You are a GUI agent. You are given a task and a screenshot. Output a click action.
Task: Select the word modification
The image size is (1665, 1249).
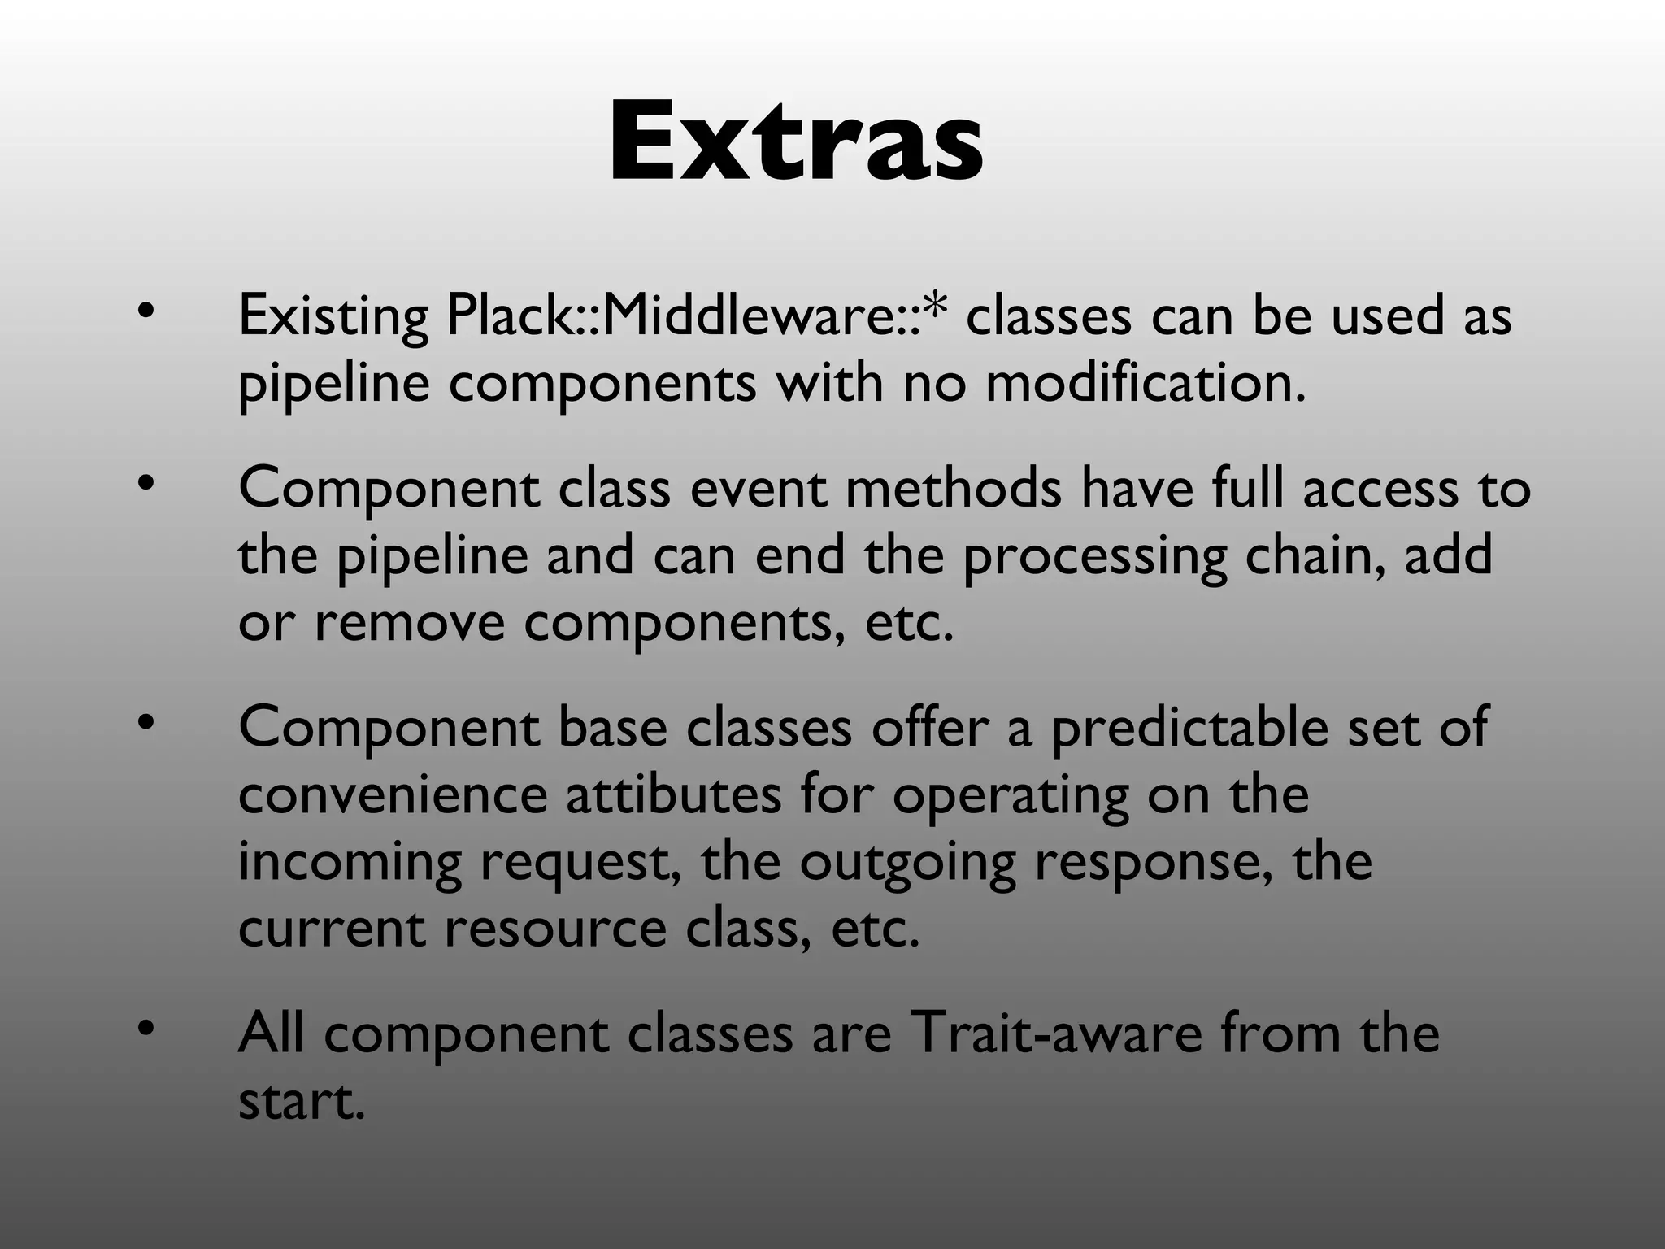(1146, 382)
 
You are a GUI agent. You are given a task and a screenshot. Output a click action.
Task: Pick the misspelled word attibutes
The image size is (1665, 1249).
(673, 794)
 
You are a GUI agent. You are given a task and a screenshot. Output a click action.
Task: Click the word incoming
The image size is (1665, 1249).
(350, 864)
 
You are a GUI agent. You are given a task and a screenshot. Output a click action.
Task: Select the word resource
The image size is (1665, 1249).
(555, 929)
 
